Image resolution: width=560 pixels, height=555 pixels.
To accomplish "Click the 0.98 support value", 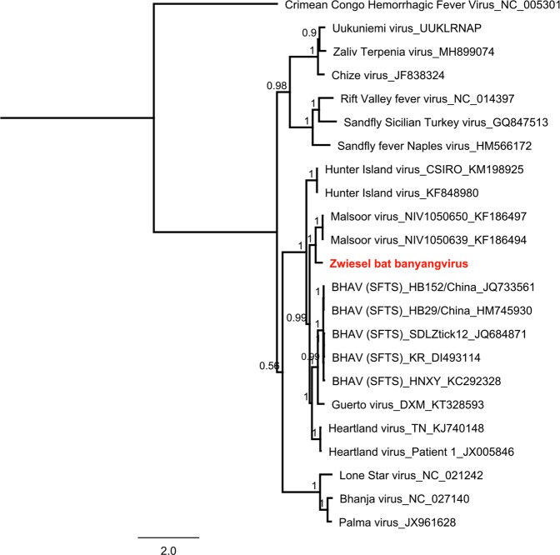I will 276,86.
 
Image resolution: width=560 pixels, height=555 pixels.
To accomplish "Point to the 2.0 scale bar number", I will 168,551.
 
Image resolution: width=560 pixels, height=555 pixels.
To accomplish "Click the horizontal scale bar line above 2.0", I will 168,536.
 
